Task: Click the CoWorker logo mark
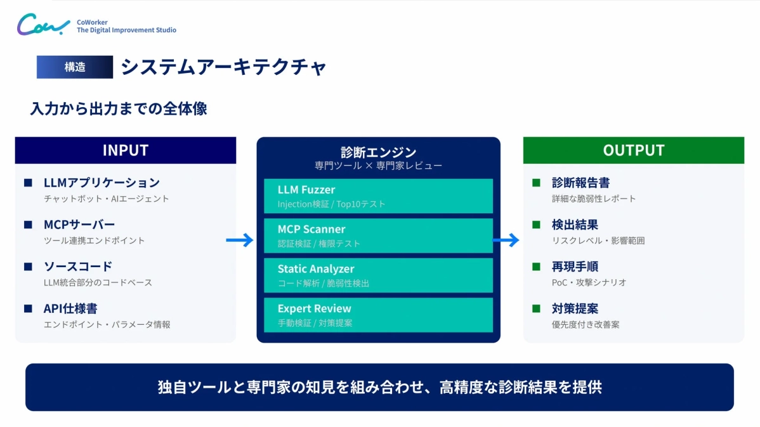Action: (x=43, y=25)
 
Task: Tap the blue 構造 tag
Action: (x=75, y=67)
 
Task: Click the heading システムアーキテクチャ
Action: (x=223, y=67)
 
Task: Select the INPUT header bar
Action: (x=126, y=150)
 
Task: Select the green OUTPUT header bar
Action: (x=633, y=150)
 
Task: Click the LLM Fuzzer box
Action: (x=378, y=196)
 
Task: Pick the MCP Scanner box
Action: (x=378, y=235)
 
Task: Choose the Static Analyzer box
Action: (x=378, y=275)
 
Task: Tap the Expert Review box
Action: (x=378, y=315)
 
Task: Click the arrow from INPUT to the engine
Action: (x=240, y=240)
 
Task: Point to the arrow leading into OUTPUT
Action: (x=506, y=240)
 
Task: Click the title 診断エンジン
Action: (x=378, y=152)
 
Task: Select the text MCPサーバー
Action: (x=79, y=225)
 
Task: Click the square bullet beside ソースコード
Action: (x=28, y=266)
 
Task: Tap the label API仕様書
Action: (x=70, y=308)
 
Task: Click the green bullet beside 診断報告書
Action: (x=536, y=183)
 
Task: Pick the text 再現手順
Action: (x=575, y=266)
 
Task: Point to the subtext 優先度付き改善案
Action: (x=586, y=324)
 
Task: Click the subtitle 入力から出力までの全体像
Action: (x=119, y=108)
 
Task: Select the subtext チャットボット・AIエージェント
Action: (x=107, y=199)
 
